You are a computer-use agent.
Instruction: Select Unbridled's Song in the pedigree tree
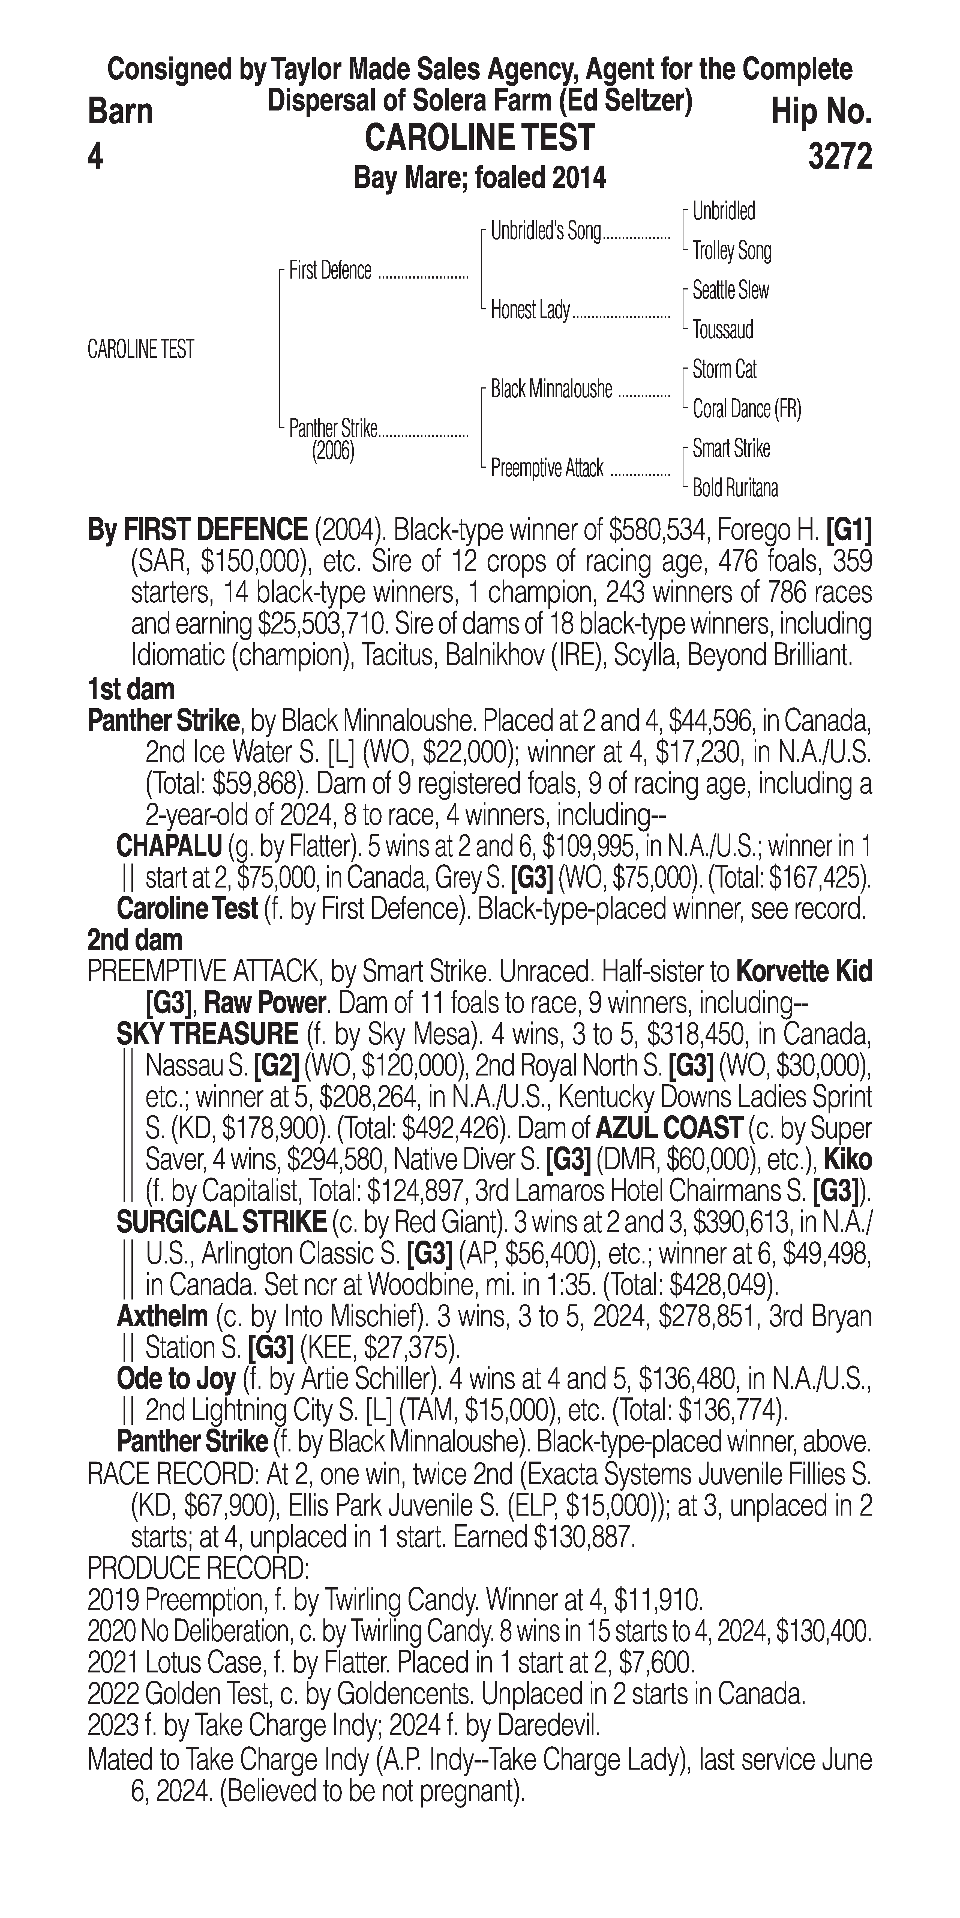[545, 232]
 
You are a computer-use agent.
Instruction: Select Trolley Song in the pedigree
[731, 251]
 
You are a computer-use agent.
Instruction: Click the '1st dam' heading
[131, 689]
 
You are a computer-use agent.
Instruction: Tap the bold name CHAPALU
[169, 847]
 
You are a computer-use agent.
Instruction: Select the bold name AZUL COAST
[668, 1129]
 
